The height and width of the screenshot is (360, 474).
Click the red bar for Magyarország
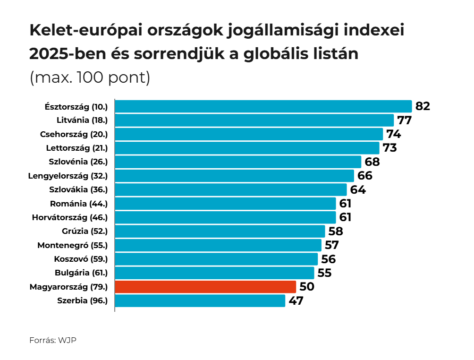[x=205, y=287]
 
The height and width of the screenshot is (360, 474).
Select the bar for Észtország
[x=263, y=106]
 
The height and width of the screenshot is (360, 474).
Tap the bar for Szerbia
[x=200, y=301]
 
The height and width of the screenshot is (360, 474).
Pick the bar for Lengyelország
[x=234, y=176]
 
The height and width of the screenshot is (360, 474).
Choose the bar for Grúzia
[x=220, y=231]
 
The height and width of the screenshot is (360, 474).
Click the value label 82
[x=423, y=106]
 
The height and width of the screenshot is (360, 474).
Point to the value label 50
[x=306, y=287]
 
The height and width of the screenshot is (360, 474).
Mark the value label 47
[x=296, y=301]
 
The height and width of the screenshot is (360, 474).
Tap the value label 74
[x=393, y=134]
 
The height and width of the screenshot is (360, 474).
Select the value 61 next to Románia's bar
[x=345, y=204]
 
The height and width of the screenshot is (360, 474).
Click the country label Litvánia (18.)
[x=82, y=120]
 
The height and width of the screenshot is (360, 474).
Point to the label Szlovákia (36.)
[x=78, y=190]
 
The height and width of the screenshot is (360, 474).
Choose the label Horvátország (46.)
[x=70, y=218]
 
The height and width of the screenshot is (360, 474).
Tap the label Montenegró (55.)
[x=73, y=245]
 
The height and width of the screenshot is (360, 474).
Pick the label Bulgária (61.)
[x=81, y=273]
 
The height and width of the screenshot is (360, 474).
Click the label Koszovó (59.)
[x=81, y=259]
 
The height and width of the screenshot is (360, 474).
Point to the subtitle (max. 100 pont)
[x=90, y=77]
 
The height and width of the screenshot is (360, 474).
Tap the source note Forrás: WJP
[x=53, y=340]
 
